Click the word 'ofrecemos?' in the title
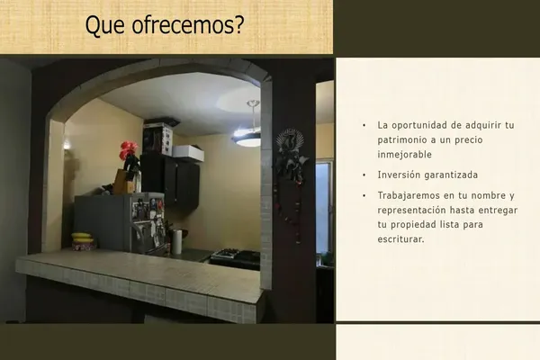pos(188,25)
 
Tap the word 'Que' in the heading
pos(104,25)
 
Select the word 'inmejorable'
pos(404,154)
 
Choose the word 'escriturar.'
pos(400,238)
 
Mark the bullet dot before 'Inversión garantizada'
pos(364,175)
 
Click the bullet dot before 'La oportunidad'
pos(364,125)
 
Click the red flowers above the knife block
pos(129,150)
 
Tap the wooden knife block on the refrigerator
pos(123,181)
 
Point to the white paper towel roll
pos(176,241)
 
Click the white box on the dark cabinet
pos(188,153)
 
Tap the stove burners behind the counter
pos(236,256)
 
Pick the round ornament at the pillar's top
pos(290,139)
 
